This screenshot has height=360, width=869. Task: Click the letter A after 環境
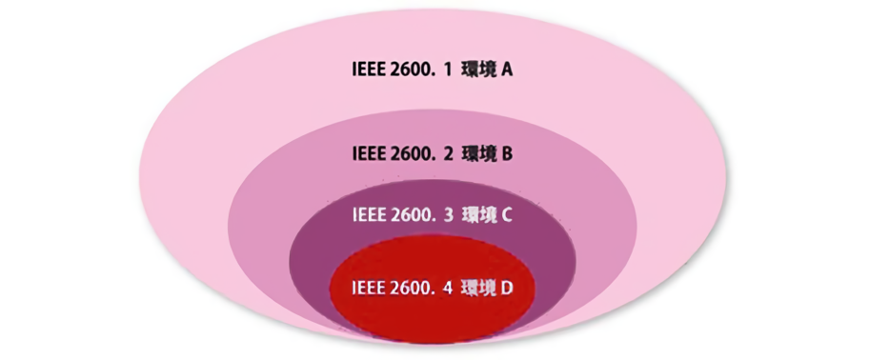tap(509, 70)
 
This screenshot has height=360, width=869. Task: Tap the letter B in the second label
tap(508, 152)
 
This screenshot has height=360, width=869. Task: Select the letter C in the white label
tap(508, 214)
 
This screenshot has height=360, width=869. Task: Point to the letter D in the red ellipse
tap(507, 288)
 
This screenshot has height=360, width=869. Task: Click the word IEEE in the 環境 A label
tap(368, 70)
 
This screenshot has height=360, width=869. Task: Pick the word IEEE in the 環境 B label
tap(368, 152)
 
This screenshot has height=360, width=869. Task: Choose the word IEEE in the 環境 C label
tap(368, 214)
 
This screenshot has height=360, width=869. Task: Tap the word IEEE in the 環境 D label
tap(368, 288)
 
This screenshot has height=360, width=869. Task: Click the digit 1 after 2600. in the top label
tap(447, 70)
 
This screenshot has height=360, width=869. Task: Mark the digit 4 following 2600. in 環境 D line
tap(446, 288)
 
